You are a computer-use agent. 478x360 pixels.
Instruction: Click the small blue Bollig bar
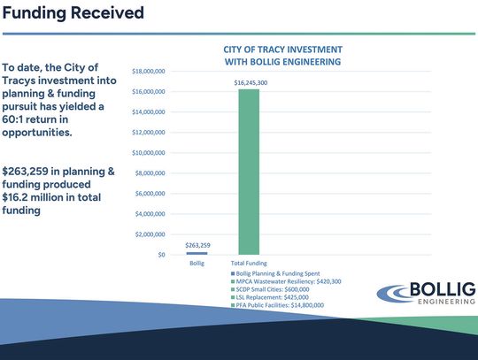coord(197,253)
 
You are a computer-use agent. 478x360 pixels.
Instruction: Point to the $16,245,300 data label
coord(251,81)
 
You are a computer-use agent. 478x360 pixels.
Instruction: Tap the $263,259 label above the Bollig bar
coord(197,245)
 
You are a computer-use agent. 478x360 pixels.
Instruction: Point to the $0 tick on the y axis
coord(160,255)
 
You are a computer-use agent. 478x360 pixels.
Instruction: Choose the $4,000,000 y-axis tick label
coord(150,214)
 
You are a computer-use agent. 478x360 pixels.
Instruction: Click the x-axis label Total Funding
coord(250,264)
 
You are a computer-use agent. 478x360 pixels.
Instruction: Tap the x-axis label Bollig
coord(197,264)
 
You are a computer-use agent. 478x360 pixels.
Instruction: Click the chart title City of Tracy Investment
coord(282,55)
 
